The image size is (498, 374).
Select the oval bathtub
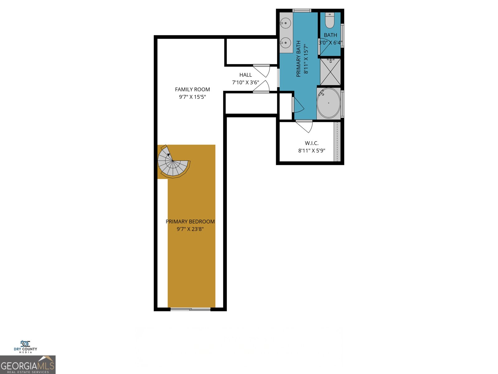pos(329,103)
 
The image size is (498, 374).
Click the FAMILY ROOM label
pos(192,89)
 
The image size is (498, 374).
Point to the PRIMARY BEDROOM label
pos(190,222)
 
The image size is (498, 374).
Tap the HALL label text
pos(246,75)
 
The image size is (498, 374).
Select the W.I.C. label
pos(312,143)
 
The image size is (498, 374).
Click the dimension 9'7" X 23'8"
pos(190,229)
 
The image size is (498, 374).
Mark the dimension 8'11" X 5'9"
pos(312,151)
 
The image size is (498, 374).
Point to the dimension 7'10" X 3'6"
pos(246,83)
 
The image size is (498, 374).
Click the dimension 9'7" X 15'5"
pos(192,97)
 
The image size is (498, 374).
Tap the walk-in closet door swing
pos(305,126)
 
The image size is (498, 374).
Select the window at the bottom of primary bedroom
pos(190,309)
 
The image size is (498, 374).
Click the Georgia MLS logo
pos(28,365)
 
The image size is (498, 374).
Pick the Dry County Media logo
pos(25,347)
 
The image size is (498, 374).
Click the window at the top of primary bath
pos(302,11)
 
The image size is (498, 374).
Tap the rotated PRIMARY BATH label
pos(298,59)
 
